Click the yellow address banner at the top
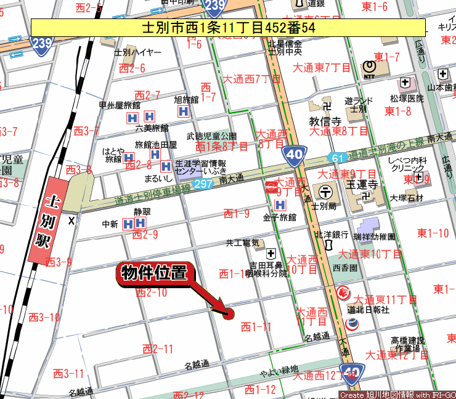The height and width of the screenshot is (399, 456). coord(228,28)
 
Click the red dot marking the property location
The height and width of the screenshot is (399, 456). coord(228,313)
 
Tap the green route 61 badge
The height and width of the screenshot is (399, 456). coord(336,158)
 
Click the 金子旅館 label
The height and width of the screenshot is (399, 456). coord(280,217)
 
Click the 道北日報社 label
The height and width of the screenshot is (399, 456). coord(368,310)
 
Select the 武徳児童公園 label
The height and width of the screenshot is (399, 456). coord(211,135)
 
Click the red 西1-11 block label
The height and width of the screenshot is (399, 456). coord(256,326)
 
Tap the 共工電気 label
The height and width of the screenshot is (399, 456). coord(243,243)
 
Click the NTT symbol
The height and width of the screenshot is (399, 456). coord(369,66)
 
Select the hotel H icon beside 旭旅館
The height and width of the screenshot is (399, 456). coord(182,111)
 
